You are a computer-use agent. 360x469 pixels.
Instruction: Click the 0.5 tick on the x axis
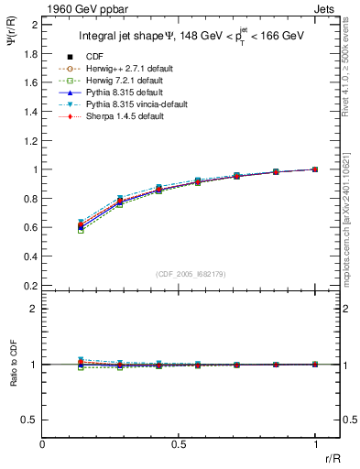[x=179, y=444]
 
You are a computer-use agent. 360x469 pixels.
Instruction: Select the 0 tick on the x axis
[x=43, y=444]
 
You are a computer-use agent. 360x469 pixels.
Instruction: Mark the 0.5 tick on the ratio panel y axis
[x=30, y=420]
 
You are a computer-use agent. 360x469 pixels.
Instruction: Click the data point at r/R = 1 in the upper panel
[x=314, y=169]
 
